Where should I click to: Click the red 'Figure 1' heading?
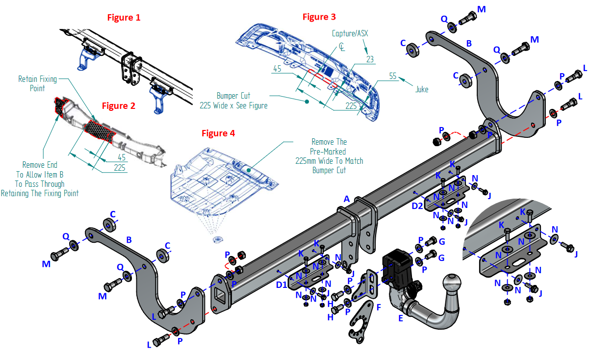pos(124,18)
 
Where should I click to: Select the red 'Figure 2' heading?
pos(118,105)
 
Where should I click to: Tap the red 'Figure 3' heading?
pos(319,17)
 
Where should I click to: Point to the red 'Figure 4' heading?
pos(218,133)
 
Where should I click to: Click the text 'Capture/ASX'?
pos(350,33)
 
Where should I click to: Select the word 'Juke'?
pos(422,89)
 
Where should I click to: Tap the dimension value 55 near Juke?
pos(393,77)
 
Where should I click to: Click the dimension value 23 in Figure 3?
pos(370,59)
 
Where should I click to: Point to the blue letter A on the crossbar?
pos(346,199)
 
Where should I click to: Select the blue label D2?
pos(417,206)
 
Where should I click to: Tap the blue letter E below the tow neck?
pos(401,317)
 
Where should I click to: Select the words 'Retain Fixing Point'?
pos(38,83)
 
